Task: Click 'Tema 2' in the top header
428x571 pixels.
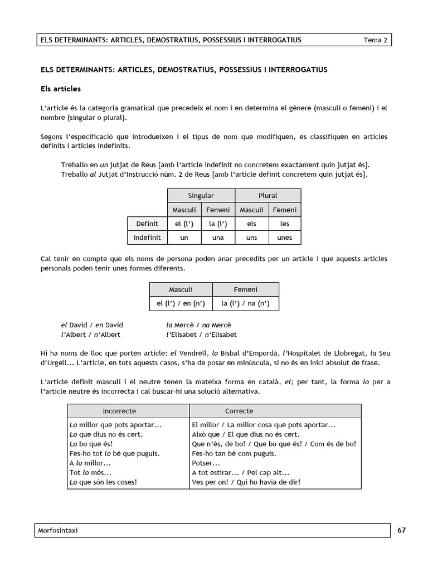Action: coord(375,40)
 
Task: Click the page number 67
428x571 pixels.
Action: coord(402,530)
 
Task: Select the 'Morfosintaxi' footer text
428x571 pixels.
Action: coord(60,530)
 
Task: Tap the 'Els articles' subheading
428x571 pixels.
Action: coord(61,89)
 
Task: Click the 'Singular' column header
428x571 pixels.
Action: coord(201,196)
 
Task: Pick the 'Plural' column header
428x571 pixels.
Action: coord(267,196)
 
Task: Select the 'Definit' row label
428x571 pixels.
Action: coord(147,224)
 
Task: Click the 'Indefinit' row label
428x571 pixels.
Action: coord(147,237)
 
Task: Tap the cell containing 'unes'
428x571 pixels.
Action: coord(284,237)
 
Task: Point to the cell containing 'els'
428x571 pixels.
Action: coord(251,224)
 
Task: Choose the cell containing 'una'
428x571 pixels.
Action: coord(218,237)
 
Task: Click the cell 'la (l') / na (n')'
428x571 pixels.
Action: coord(245,304)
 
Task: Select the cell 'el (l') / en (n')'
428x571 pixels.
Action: coord(181,304)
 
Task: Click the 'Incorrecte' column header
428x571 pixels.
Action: coord(119,411)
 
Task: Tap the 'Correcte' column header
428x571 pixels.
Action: coord(239,411)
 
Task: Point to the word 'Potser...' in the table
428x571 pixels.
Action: coord(205,463)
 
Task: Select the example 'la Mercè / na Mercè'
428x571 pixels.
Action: coord(198,325)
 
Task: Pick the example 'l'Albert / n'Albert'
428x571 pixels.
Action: coord(90,335)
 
